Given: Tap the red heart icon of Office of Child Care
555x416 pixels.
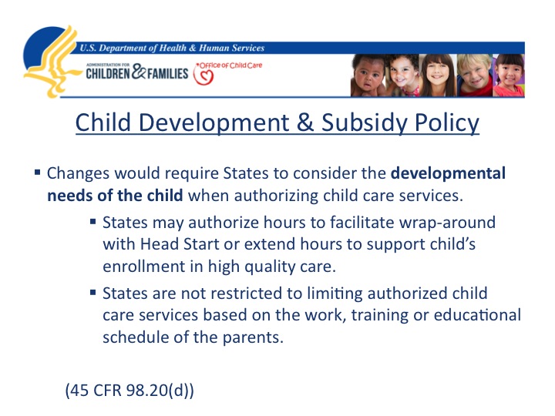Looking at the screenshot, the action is point(203,75).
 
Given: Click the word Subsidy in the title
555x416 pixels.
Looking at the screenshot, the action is point(364,122).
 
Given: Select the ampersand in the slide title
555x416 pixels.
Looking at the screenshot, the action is point(304,122).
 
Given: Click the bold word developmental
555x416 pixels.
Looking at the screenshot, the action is point(448,173).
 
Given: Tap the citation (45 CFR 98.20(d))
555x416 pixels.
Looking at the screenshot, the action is point(129,390).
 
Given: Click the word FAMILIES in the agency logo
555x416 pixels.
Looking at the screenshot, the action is point(168,74).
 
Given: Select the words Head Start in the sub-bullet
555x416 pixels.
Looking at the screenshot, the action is point(180,244).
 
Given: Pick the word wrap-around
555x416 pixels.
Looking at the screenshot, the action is point(447,223).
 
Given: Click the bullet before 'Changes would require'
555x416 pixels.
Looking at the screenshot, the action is point(38,173).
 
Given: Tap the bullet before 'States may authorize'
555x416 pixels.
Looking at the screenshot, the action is point(92,222).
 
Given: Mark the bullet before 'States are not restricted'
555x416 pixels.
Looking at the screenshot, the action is point(92,293).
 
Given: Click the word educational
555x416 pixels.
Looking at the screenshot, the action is point(477,315).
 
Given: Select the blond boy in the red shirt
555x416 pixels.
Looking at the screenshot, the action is point(474,75).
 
